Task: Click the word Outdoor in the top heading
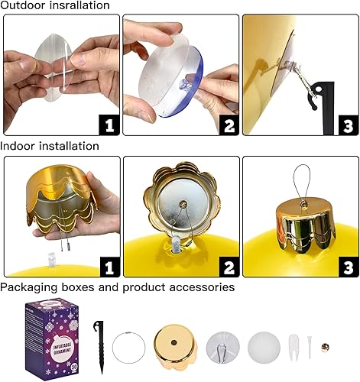click(x=23, y=5)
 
